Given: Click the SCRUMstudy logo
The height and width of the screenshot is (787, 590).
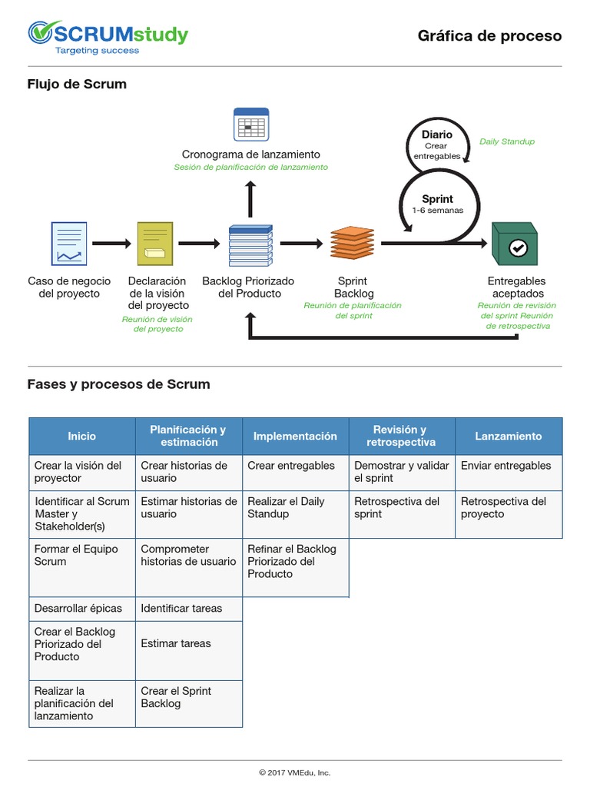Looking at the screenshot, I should point(108,37).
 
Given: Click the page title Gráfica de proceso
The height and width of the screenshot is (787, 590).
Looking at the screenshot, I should point(489,36).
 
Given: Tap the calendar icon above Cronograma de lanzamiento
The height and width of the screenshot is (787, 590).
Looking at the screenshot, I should point(250,124).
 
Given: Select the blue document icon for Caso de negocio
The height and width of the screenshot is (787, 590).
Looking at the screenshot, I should point(69,244).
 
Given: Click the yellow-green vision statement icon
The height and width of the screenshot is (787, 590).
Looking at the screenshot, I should point(155,244).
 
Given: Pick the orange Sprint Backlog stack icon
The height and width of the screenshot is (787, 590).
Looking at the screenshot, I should point(353,243).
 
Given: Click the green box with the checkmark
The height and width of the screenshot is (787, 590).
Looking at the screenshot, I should point(514,244).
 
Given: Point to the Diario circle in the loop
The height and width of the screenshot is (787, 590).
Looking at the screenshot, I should point(436,141).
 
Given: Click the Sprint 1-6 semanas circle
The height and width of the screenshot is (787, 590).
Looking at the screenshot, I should point(438,204).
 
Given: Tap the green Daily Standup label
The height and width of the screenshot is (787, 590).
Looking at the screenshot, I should point(506,141).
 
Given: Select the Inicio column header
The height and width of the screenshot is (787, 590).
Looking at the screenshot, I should point(82,436).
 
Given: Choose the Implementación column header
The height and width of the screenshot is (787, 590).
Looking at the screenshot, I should point(295,436).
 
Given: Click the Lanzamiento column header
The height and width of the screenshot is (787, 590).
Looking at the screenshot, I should point(508,436).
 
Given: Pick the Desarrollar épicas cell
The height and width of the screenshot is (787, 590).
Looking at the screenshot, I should point(82,608).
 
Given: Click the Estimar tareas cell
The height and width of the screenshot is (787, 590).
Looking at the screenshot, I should point(188,643).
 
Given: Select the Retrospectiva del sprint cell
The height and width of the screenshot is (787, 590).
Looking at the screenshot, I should point(401,507).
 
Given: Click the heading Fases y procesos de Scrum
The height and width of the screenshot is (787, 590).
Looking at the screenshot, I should point(118,384).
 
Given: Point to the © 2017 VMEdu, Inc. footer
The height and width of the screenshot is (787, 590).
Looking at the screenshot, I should point(295,772).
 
